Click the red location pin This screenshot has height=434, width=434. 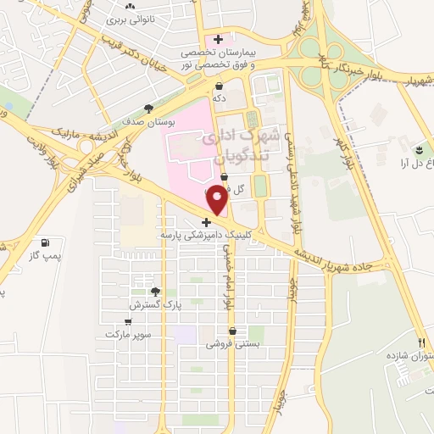pos(217,200)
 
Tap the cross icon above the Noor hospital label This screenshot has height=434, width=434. pos(219,39)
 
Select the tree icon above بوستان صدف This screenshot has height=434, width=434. pos(148,108)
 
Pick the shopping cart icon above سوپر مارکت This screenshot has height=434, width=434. pos(127,322)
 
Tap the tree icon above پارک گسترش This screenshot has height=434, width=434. pos(153,292)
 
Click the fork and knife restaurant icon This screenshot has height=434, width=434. pos(421,342)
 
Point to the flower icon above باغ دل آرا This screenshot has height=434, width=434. pos(417,149)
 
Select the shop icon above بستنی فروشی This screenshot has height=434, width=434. pos(231,331)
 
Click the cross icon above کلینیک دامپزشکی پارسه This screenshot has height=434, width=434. pos(206,221)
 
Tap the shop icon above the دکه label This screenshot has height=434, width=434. pos(219,86)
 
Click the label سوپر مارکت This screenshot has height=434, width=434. pos(127,335)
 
